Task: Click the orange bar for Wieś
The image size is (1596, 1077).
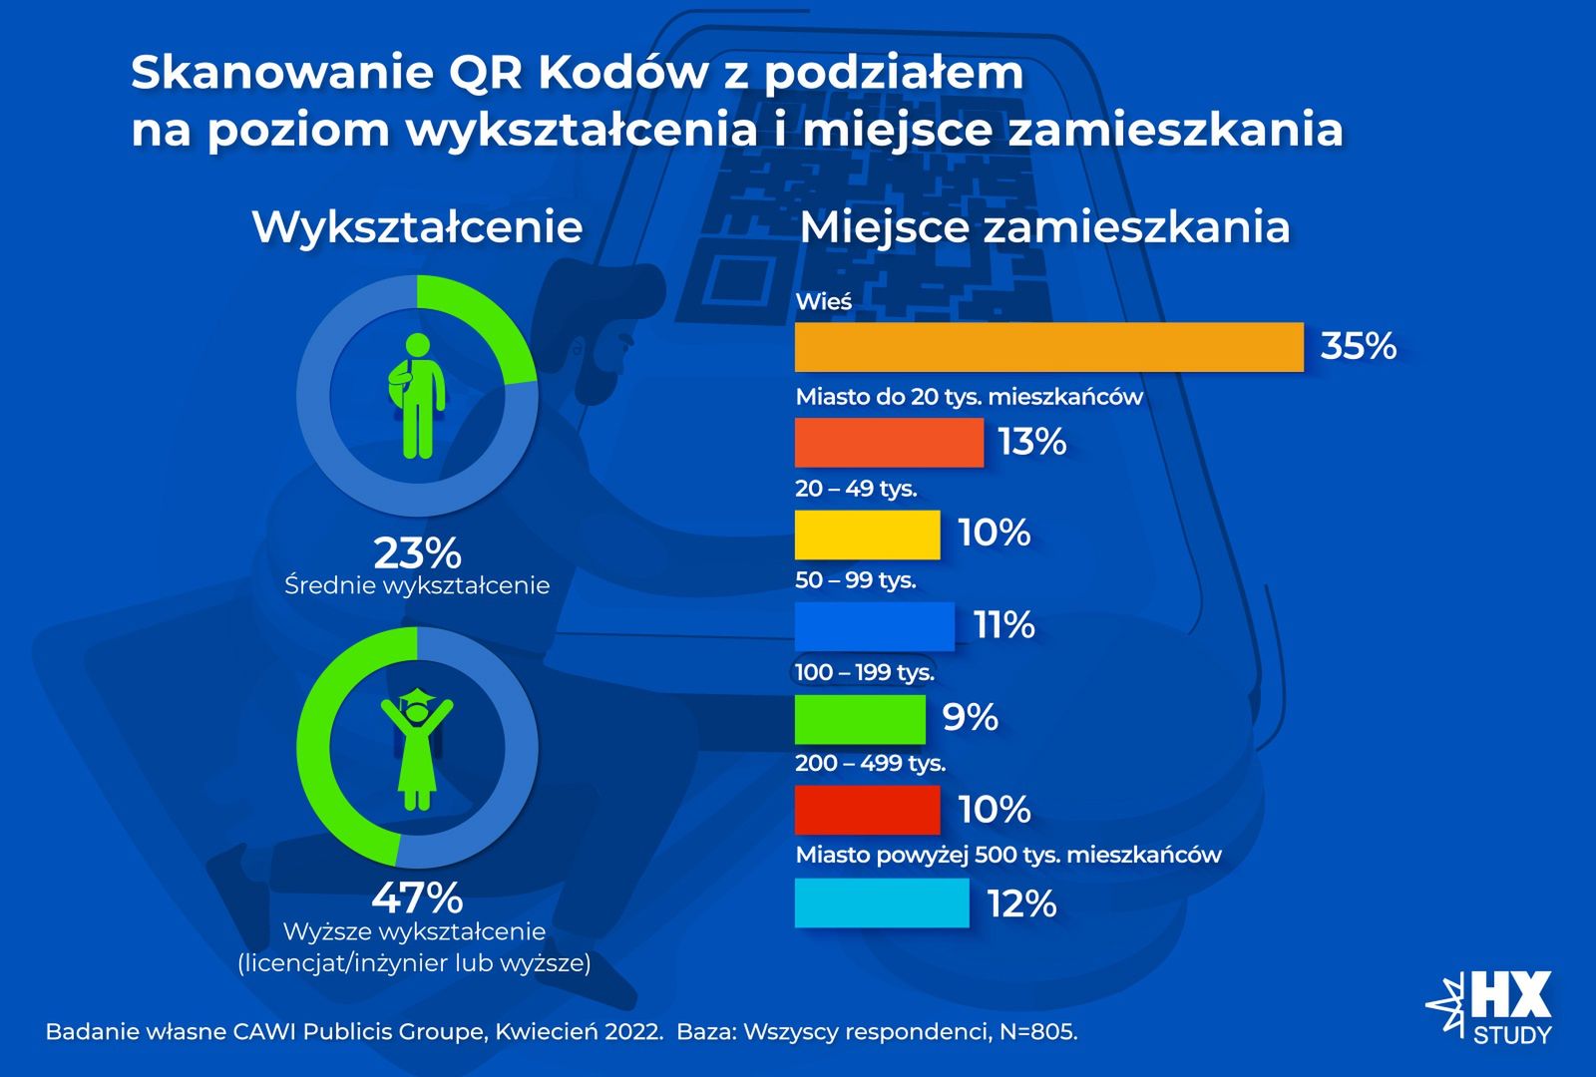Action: click(1048, 347)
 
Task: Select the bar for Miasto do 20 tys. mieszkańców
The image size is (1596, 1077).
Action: click(889, 443)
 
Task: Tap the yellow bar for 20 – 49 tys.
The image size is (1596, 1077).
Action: click(867, 535)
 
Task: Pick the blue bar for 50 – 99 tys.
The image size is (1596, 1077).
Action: click(874, 626)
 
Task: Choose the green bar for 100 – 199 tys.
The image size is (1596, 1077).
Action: click(860, 719)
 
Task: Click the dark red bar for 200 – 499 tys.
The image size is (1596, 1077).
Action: click(867, 810)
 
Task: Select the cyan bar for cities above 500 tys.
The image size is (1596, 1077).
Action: click(882, 902)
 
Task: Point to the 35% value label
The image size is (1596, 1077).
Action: click(1358, 346)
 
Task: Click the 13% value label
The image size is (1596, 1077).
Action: click(1032, 442)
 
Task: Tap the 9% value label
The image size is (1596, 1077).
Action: click(970, 717)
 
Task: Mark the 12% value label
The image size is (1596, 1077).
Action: click(1021, 903)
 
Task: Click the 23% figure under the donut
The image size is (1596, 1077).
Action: click(417, 552)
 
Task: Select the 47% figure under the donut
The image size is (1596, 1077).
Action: click(417, 897)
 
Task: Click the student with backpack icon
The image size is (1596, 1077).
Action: click(417, 396)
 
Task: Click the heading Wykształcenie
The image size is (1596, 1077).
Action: click(417, 226)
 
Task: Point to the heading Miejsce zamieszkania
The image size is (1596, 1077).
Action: click(1044, 226)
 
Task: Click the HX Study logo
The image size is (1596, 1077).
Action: click(1491, 1007)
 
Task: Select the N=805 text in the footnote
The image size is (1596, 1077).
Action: click(1037, 1032)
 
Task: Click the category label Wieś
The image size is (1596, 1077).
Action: click(823, 302)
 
